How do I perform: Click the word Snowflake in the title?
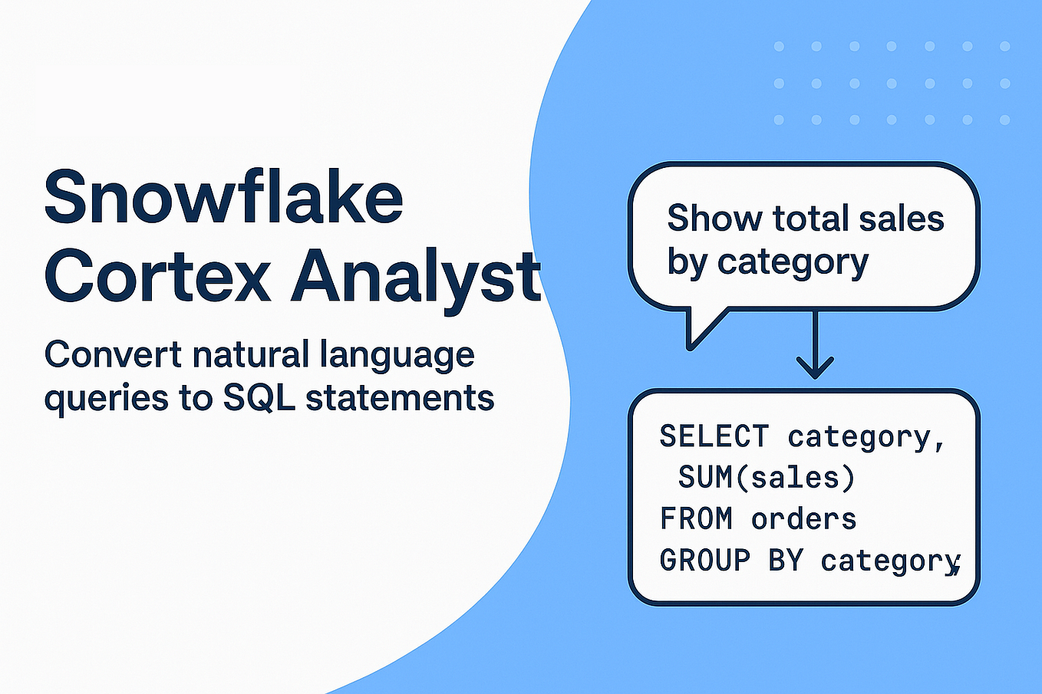point(223,198)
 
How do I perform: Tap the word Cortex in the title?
point(157,275)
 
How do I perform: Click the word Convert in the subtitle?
point(113,355)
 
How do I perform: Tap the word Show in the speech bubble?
point(714,218)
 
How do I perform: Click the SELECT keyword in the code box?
point(714,436)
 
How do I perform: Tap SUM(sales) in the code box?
point(766,478)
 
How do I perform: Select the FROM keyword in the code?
point(696,519)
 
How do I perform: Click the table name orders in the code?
point(803,519)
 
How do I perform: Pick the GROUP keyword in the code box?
point(704,561)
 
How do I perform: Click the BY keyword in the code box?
point(785,561)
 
